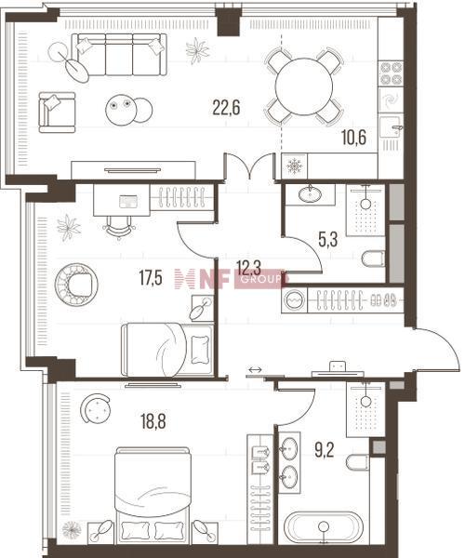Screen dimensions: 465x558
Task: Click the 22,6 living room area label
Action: click(226, 107)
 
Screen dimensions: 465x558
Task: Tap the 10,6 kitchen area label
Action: click(354, 138)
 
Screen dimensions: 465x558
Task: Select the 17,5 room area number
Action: click(151, 278)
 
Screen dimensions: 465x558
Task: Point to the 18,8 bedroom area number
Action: click(153, 422)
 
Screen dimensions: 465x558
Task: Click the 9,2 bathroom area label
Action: click(325, 450)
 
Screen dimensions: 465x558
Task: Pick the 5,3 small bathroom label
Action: click(327, 240)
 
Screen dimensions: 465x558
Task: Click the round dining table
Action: click(304, 86)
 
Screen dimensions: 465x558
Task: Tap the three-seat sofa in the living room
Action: click(119, 55)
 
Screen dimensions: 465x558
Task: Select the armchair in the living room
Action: click(57, 113)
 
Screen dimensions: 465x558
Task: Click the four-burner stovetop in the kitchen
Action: click(391, 73)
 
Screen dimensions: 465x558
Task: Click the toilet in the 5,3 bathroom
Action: click(373, 259)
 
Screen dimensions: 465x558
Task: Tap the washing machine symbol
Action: click(294, 300)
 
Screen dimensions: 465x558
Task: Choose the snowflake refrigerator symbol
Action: click(294, 166)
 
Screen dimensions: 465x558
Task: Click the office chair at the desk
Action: click(119, 227)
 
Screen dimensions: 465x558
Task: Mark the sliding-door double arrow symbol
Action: click(255, 370)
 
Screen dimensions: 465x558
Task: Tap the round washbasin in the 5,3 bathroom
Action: click(310, 194)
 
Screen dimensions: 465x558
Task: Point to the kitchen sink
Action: click(391, 127)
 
